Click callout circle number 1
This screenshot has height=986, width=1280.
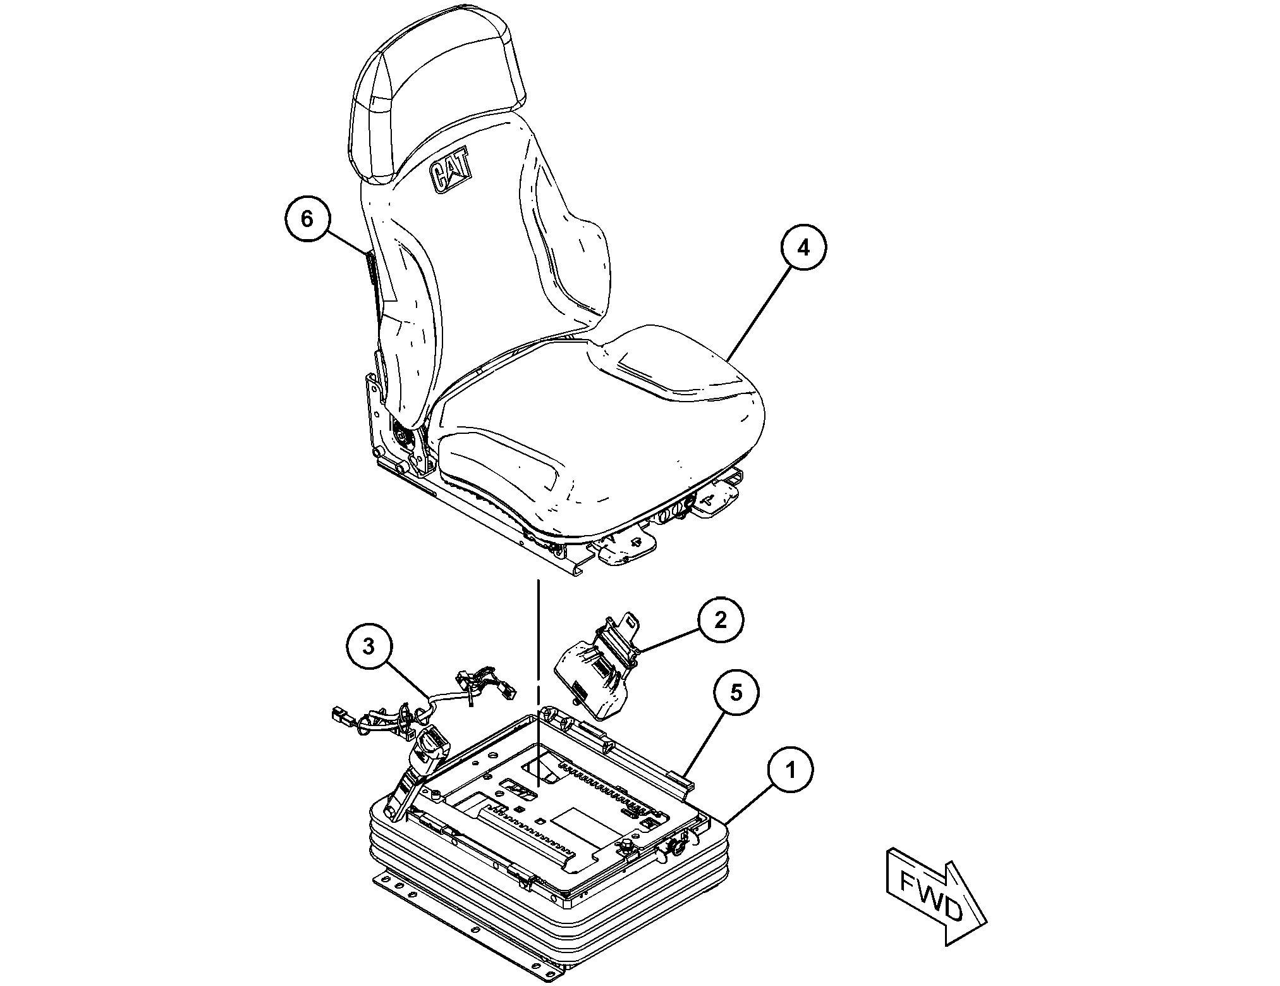pyautogui.click(x=791, y=770)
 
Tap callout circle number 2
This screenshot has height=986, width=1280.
pyautogui.click(x=721, y=620)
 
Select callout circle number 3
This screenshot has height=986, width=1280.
pyautogui.click(x=369, y=646)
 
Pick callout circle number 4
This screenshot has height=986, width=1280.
pyautogui.click(x=803, y=247)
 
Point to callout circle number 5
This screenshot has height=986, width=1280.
pyautogui.click(x=737, y=693)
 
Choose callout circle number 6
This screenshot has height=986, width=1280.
pyautogui.click(x=307, y=219)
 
